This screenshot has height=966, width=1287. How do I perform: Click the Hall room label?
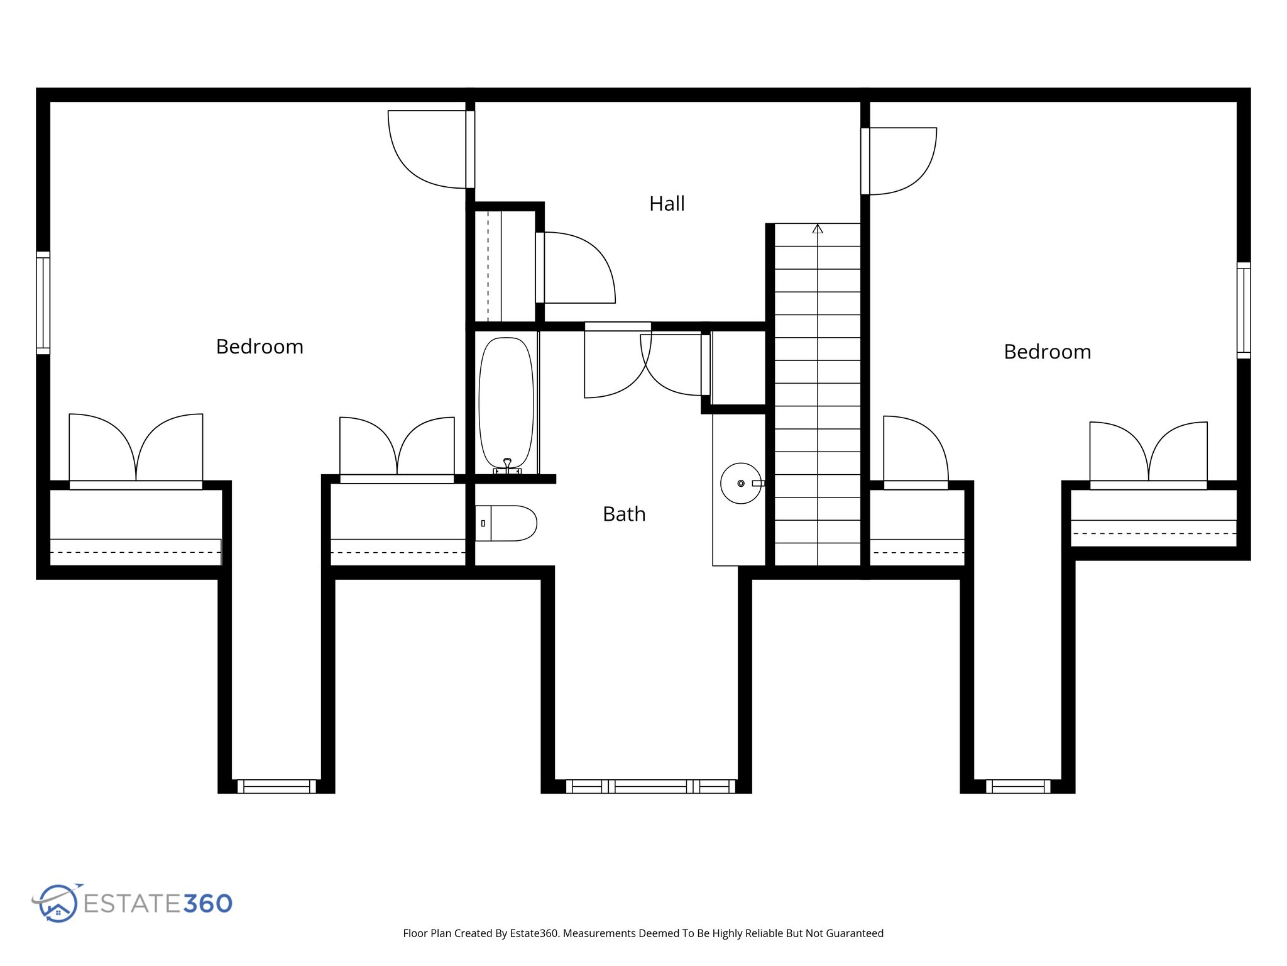[667, 204]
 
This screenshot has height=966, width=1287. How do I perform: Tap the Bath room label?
[624, 514]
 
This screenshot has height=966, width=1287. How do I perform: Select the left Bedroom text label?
[260, 347]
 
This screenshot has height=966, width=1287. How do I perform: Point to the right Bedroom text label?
[1047, 352]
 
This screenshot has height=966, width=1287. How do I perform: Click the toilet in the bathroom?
[507, 523]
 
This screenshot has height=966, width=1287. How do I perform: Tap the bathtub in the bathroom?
[506, 402]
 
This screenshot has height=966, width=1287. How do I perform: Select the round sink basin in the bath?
[740, 484]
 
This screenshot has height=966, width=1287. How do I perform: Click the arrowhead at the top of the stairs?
[817, 229]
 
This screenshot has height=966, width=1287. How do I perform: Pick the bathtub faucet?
[507, 466]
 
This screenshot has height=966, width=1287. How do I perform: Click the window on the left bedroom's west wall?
[43, 303]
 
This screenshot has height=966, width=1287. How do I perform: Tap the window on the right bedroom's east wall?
[1243, 311]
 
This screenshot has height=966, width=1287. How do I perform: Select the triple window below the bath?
[650, 786]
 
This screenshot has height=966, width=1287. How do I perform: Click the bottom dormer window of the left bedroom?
[277, 786]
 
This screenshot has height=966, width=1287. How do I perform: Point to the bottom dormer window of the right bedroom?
[1018, 786]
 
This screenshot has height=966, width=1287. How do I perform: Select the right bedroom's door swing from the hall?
[902, 160]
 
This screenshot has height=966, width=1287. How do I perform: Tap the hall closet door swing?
[578, 267]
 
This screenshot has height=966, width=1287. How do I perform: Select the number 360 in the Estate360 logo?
[208, 904]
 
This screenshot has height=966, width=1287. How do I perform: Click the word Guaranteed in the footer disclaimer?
[855, 933]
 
